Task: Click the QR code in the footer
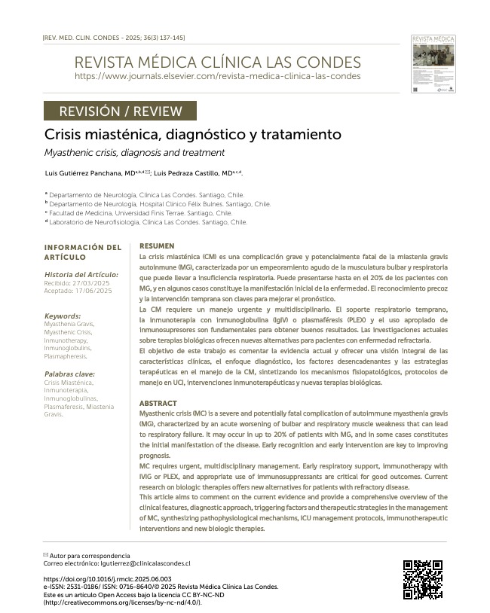coord(422,580)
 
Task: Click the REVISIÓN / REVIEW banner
coord(121,111)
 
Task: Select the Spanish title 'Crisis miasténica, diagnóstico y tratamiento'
coord(182,135)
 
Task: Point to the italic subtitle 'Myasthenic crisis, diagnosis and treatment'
coord(134,153)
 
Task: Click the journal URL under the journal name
coord(217,76)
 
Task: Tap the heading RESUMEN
coord(157,246)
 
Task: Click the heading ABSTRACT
coord(158,404)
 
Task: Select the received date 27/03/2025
coord(93,282)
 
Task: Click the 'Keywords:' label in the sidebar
coord(63,316)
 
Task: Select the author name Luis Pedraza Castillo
coord(193,173)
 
